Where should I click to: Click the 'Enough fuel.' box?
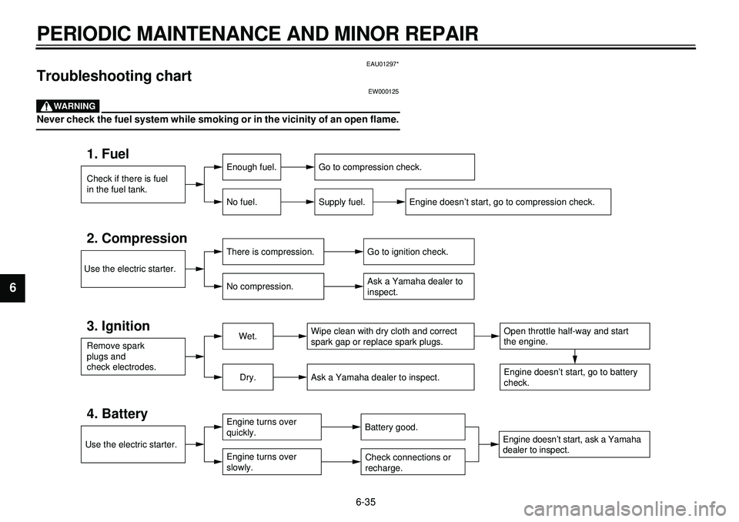click(251, 167)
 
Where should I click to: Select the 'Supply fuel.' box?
click(343, 202)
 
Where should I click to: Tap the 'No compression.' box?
click(273, 286)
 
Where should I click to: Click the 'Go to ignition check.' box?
click(419, 252)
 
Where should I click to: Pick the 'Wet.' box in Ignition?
click(247, 336)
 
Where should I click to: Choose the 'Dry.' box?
click(247, 377)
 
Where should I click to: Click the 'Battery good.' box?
click(413, 427)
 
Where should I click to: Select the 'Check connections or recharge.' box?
click(413, 462)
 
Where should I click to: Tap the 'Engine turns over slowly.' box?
click(272, 462)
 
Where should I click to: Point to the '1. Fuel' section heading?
click(108, 154)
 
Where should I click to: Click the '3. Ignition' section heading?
click(118, 326)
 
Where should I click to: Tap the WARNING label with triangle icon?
click(68, 106)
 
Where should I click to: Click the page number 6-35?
click(366, 502)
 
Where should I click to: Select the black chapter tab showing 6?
click(13, 288)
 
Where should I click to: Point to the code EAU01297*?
click(383, 64)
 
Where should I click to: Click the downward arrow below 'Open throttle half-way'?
click(575, 356)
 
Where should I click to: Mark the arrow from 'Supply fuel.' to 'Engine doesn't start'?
click(390, 202)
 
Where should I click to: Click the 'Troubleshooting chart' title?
click(114, 76)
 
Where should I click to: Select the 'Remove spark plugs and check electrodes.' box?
click(133, 356)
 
